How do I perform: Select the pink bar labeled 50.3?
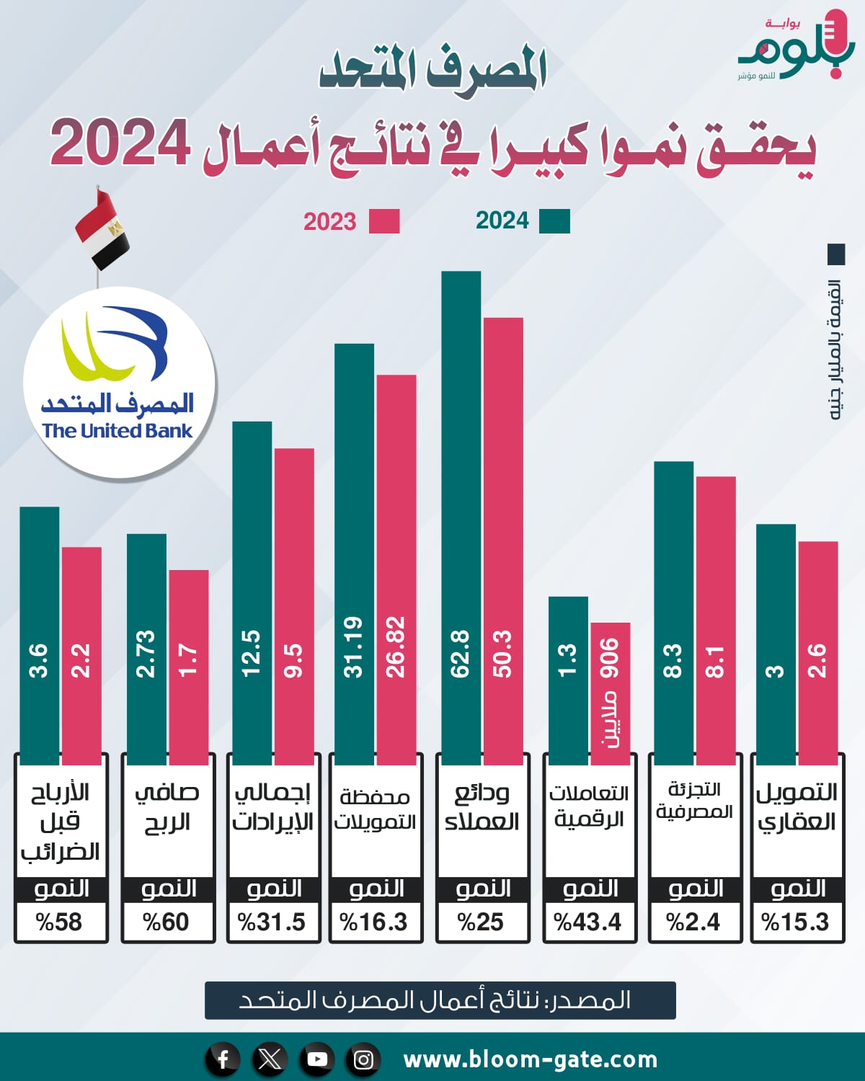click(x=503, y=540)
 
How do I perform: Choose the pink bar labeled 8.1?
click(x=716, y=620)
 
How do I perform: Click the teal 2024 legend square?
click(x=554, y=221)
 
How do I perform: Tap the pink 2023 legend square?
click(x=384, y=221)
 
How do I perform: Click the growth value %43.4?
click(x=588, y=922)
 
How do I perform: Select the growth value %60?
click(x=167, y=922)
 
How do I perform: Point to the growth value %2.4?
click(x=693, y=922)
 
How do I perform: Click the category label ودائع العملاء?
click(x=482, y=807)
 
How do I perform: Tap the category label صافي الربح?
click(x=167, y=807)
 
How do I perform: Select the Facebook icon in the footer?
click(x=223, y=1059)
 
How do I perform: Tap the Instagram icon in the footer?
click(x=364, y=1059)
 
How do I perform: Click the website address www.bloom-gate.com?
click(x=531, y=1059)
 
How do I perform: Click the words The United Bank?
click(x=117, y=431)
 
